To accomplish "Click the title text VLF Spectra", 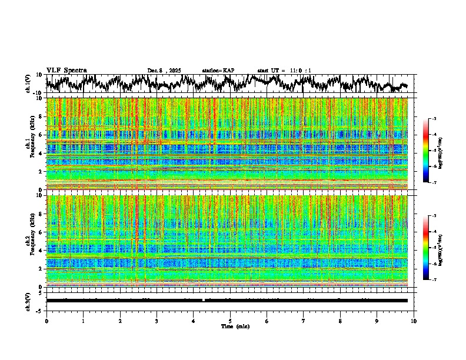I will click(66, 70).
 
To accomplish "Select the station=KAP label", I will click(218, 71).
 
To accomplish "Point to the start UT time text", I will click(284, 71).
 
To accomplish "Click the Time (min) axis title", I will click(230, 326).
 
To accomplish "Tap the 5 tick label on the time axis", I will click(230, 321).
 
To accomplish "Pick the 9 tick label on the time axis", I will click(377, 321).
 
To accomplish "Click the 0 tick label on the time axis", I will click(46, 321).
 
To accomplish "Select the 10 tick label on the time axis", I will click(414, 321).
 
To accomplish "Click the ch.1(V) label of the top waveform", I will click(28, 84).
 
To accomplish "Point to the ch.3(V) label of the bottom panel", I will click(28, 300).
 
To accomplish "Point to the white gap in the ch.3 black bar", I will click(204, 300).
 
